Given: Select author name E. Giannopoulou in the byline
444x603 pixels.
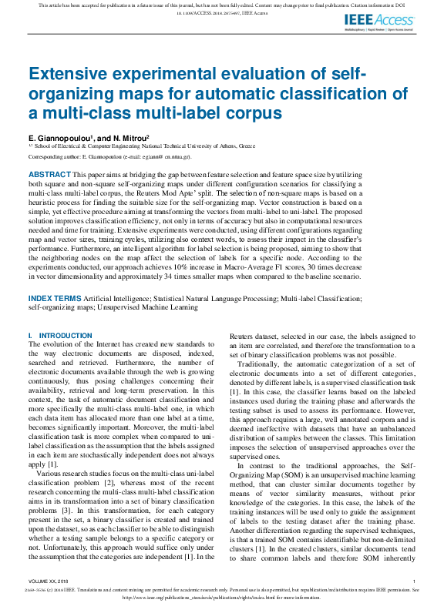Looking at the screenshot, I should click(x=60, y=137).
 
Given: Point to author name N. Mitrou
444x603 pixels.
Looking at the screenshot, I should click(x=126, y=137).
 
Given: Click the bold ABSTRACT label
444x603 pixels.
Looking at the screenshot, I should click(x=49, y=176).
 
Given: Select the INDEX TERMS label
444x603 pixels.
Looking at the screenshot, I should click(x=55, y=276).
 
